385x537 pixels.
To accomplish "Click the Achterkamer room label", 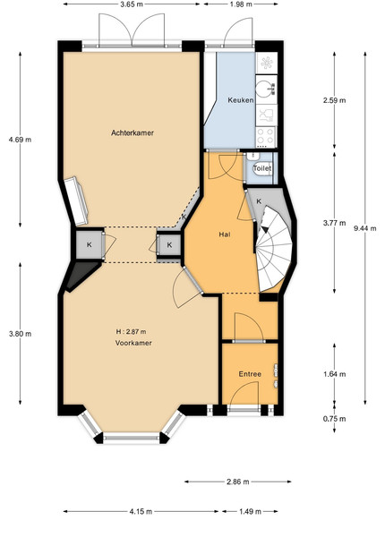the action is (x=133, y=132).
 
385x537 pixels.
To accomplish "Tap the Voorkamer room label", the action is (x=133, y=343).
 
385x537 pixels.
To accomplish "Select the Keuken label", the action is (x=241, y=100).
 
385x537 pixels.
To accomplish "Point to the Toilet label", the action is (x=262, y=168).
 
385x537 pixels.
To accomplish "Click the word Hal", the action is (x=225, y=234).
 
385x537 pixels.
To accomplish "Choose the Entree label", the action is (x=250, y=374).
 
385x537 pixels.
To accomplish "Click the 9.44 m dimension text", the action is (x=365, y=228).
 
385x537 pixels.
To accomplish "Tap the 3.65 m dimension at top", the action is (x=132, y=4).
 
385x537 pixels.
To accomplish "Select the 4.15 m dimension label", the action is (x=141, y=512).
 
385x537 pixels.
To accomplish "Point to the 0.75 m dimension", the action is (x=335, y=419).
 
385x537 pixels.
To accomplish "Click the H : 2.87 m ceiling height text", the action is (x=132, y=331).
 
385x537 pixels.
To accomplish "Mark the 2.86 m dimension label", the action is (x=238, y=482).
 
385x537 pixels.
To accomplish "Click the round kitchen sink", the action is (x=265, y=88).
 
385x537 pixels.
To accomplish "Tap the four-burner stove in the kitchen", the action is (x=266, y=136).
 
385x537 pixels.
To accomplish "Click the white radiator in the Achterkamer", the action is (x=77, y=201).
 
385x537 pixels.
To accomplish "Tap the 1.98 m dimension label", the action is (x=241, y=4).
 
